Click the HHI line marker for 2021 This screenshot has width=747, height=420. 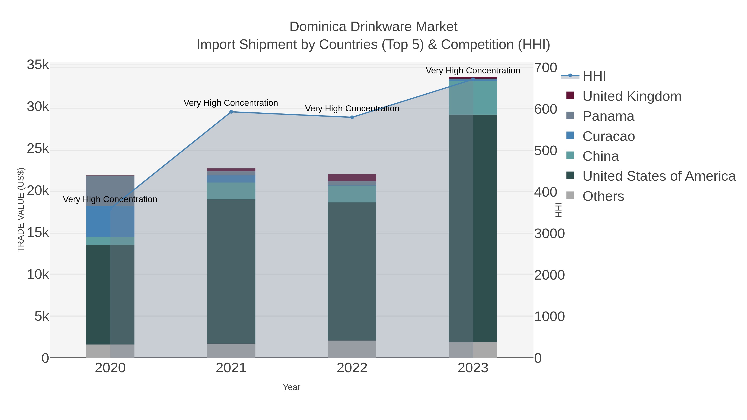click(231, 112)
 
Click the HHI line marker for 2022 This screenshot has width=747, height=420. click(352, 117)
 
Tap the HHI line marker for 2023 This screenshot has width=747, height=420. click(473, 79)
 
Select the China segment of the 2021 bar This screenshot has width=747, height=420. click(231, 191)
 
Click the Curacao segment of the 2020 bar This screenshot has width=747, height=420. click(110, 222)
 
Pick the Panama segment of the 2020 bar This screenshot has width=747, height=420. click(110, 191)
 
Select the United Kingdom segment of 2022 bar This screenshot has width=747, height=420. click(352, 178)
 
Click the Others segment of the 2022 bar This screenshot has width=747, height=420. click(352, 349)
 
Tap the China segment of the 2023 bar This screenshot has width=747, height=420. click(473, 98)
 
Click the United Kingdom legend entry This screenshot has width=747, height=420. click(632, 96)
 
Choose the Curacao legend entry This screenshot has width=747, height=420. click(608, 136)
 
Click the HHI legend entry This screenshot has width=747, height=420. click(594, 76)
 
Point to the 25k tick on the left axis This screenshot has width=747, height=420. click(38, 149)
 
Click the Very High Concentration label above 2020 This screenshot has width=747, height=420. click(110, 199)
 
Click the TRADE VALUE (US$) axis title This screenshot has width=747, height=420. click(21, 210)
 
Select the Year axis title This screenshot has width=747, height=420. click(292, 387)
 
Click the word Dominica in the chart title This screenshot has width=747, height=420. click(318, 27)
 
